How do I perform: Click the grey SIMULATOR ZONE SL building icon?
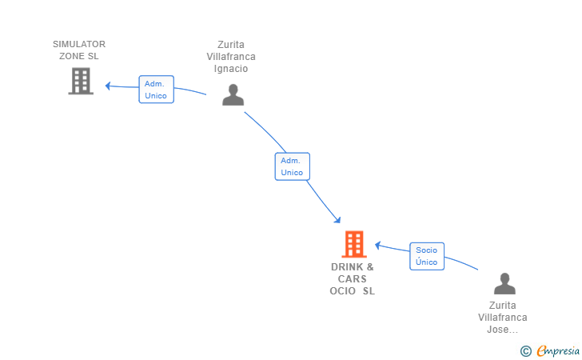pos(81,81)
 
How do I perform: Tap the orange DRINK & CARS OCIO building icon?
pos(354,244)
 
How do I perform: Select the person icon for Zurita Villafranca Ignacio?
pos(233,94)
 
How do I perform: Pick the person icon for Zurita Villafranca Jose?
pos(504,283)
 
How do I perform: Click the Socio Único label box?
pos(427,256)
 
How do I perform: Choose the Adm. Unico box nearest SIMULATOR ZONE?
pos(156,90)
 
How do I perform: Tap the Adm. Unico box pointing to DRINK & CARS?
pos(292,166)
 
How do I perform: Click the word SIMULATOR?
pos(79,44)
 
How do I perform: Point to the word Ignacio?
pos(231,69)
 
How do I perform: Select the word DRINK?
pos(347,267)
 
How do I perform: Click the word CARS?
pos(353,279)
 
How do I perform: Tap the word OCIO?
pos(343,291)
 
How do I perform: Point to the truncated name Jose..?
pos(502,330)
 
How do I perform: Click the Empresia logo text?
pos(558,350)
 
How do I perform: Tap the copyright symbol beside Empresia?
pos(526,351)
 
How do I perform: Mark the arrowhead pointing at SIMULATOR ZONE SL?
pos(108,86)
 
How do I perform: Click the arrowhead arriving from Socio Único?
pos(378,246)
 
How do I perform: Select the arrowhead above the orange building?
pos(337,220)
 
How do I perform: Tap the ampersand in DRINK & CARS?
pos(370,267)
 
